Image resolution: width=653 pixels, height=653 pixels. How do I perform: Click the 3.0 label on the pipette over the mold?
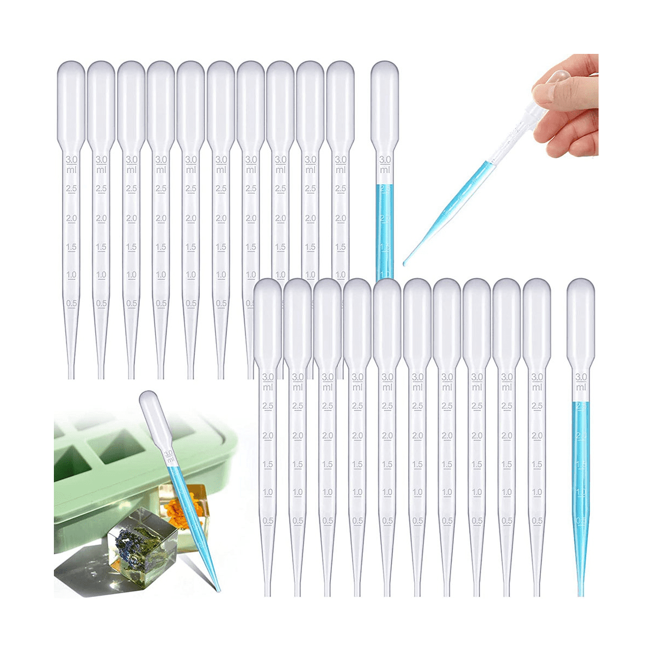pyautogui.click(x=169, y=453)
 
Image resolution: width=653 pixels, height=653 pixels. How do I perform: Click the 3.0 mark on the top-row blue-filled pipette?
pyautogui.click(x=385, y=159)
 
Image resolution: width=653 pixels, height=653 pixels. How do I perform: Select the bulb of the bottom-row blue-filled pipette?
pyautogui.click(x=581, y=310)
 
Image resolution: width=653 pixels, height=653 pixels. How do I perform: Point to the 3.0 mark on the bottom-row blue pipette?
pyautogui.click(x=581, y=377)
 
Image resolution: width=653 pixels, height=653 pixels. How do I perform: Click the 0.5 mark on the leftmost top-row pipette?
pyautogui.click(x=71, y=303)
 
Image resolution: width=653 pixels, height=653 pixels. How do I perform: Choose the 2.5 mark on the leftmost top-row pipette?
pyautogui.click(x=71, y=188)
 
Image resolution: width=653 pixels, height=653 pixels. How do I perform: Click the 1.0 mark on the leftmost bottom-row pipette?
pyautogui.click(x=268, y=492)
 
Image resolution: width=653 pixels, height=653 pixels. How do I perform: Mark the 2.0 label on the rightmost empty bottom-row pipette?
pyautogui.click(x=537, y=435)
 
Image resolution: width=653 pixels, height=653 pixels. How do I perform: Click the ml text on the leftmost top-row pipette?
pyautogui.click(x=71, y=170)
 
